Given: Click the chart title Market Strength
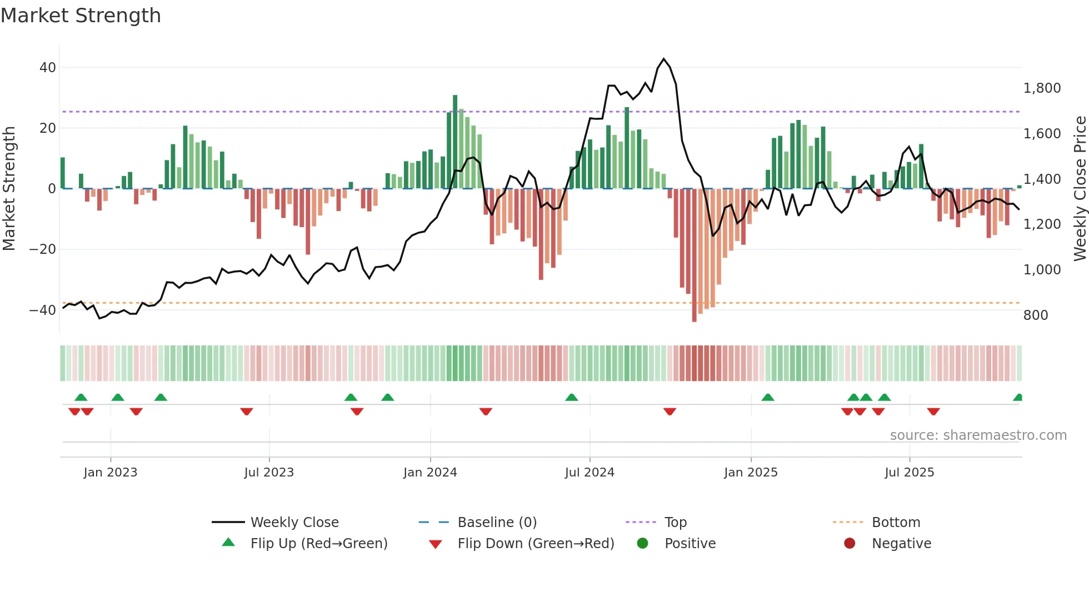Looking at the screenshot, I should click(81, 16).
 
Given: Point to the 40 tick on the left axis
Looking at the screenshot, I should click(47, 68).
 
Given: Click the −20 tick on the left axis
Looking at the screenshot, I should click(43, 249).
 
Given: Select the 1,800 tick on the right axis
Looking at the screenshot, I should click(1042, 88).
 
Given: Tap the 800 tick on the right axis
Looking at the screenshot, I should click(1035, 315).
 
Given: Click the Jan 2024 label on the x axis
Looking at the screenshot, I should click(430, 473).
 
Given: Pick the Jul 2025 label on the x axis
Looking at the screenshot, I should click(909, 473).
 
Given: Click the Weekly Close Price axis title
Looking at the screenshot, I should click(1080, 188).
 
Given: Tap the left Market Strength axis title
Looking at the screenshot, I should click(9, 188).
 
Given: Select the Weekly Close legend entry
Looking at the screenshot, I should click(294, 523).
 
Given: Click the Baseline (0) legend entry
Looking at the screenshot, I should click(497, 523).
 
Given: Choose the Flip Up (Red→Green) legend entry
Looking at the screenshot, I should click(318, 544).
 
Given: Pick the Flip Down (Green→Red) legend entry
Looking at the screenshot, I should click(535, 544).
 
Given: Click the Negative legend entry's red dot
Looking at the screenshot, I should click(849, 544).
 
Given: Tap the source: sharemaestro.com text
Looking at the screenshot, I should click(978, 435).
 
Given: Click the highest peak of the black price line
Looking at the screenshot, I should click(663, 59).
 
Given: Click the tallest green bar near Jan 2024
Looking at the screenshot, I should click(455, 142).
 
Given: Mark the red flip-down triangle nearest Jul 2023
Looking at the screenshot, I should click(247, 412).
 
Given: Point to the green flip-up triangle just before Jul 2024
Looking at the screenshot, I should click(571, 397).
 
